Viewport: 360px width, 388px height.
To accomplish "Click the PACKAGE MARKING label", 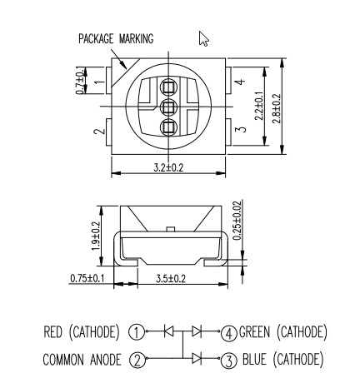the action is click(x=116, y=39).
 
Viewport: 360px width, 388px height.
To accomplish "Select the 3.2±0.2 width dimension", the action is click(x=168, y=167).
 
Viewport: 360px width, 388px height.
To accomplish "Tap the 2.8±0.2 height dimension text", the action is click(x=277, y=108).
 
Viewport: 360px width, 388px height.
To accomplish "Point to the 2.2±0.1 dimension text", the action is click(x=259, y=106).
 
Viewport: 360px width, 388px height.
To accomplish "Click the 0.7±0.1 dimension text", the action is click(x=80, y=81).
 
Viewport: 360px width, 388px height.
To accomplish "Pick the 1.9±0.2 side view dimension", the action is click(x=96, y=236).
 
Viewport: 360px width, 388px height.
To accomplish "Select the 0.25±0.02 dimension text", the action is click(x=237, y=221).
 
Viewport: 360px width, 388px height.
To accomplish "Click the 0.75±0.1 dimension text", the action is click(x=87, y=278).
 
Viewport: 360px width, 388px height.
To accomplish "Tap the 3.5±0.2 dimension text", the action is click(x=171, y=278).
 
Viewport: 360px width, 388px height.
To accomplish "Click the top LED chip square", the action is click(x=168, y=87).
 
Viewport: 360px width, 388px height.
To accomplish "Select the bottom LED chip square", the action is click(x=168, y=127).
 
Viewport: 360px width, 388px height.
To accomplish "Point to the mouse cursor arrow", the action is click(x=203, y=38).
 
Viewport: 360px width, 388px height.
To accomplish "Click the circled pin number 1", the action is click(x=137, y=332).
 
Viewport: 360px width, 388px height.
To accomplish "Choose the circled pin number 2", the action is click(x=137, y=360).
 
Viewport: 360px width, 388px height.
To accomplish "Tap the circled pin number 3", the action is click(x=229, y=361).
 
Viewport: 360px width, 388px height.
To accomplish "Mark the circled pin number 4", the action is click(x=229, y=333).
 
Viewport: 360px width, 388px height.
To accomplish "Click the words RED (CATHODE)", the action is click(x=82, y=332).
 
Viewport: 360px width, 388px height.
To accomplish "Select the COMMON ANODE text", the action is click(x=82, y=360).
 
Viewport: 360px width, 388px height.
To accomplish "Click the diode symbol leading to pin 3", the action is click(x=197, y=358).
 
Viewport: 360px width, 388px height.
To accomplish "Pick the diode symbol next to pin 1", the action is click(x=168, y=331).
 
